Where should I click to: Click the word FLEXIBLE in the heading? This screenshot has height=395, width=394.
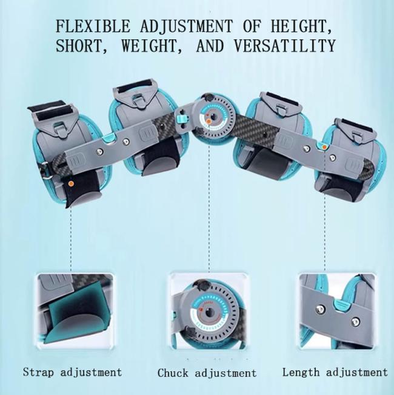click(93, 26)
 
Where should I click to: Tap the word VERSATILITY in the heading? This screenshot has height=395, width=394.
click(284, 46)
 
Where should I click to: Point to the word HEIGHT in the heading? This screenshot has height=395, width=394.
click(301, 26)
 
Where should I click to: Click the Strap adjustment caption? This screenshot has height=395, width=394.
click(73, 373)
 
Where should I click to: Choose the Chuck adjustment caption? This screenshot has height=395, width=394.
click(207, 373)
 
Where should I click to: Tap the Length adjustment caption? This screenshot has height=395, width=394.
click(335, 372)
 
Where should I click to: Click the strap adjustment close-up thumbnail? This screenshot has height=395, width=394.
click(75, 311)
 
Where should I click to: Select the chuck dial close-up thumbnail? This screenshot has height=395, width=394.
click(209, 311)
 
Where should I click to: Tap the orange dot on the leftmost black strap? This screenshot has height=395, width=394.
click(72, 184)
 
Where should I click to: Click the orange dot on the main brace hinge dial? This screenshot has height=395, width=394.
click(209, 122)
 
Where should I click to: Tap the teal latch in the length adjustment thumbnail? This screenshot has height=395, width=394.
click(342, 304)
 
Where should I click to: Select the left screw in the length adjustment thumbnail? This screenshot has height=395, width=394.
click(320, 309)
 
